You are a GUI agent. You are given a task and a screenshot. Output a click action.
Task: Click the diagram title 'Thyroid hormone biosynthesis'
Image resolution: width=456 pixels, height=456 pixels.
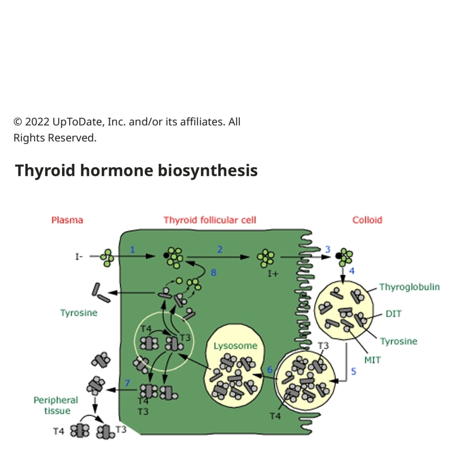(136, 170)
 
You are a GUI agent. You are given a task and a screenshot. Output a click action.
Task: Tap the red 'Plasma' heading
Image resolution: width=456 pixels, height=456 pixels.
(67, 220)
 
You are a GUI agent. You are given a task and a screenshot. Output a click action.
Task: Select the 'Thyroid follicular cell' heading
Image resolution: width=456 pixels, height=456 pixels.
(210, 220)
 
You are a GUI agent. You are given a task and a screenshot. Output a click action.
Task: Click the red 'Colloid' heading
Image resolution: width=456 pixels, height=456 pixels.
(367, 220)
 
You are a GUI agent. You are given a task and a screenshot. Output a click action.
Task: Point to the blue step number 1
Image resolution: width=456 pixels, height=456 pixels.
(132, 250)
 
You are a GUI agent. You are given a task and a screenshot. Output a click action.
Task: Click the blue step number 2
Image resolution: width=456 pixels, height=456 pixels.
(220, 250)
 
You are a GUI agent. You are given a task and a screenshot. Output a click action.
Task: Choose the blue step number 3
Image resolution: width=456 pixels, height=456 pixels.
(327, 249)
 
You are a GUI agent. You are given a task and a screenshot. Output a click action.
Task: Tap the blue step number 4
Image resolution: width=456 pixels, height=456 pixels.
(352, 271)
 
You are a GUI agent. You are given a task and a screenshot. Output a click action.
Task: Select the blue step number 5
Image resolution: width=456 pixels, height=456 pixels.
(353, 371)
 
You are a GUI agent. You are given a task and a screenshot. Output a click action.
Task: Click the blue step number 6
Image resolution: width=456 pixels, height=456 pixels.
(269, 370)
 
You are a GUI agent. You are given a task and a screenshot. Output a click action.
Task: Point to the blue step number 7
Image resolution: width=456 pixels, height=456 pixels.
(127, 383)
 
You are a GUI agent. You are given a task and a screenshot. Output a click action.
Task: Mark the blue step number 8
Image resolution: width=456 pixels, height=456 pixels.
(214, 272)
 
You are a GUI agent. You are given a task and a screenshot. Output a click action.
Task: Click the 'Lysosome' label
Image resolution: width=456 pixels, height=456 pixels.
(235, 346)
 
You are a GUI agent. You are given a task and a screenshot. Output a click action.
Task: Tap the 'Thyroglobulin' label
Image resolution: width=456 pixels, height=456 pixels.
(409, 287)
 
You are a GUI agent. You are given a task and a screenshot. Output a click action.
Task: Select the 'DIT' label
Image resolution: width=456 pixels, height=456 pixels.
(393, 313)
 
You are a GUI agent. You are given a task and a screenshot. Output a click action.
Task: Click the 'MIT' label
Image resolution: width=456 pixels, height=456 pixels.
(372, 360)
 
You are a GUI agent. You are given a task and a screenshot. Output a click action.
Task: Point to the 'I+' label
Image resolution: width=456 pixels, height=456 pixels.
(273, 274)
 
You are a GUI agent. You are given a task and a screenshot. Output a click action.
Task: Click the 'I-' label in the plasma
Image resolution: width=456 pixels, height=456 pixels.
(79, 256)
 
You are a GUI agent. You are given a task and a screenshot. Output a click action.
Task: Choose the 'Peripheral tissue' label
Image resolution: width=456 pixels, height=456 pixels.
(56, 405)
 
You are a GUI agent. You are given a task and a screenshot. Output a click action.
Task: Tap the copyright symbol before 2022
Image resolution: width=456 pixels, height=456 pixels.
(18, 122)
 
